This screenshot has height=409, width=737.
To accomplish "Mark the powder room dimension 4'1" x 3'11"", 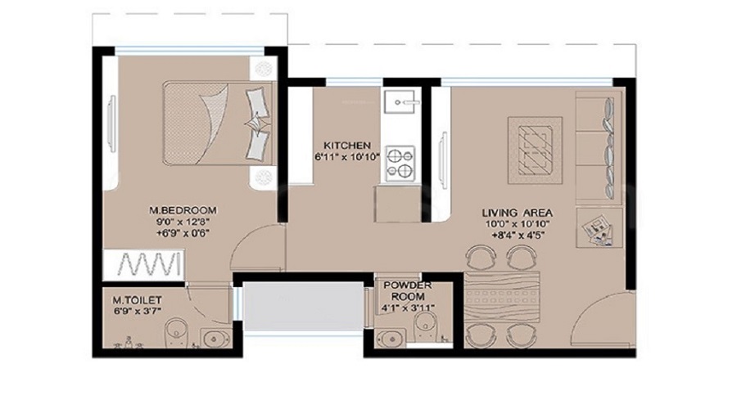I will [407, 308].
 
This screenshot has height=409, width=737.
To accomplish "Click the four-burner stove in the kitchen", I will [400, 162].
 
